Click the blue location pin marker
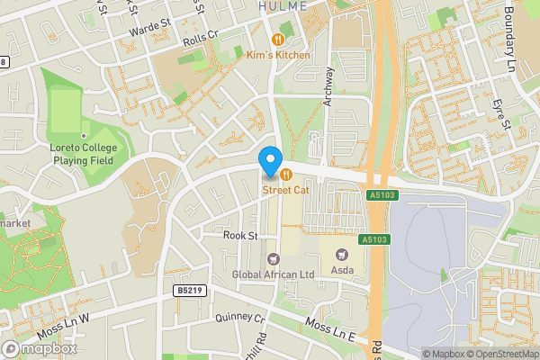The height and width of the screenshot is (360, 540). point(269,160)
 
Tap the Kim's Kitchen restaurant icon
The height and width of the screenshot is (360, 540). point(279,40)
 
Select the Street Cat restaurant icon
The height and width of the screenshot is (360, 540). point(286,175)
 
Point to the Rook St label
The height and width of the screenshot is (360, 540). point(240,236)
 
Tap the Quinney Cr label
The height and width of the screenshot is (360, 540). point(240,319)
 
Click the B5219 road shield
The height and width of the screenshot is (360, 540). point(187,292)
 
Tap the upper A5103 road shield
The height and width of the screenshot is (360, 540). point(382,194)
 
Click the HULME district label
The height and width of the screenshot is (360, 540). point(283,5)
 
